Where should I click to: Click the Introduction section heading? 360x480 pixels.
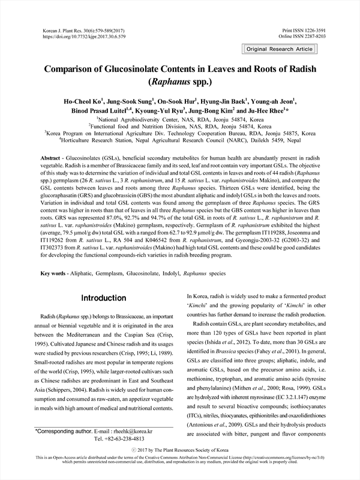click(104, 298)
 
